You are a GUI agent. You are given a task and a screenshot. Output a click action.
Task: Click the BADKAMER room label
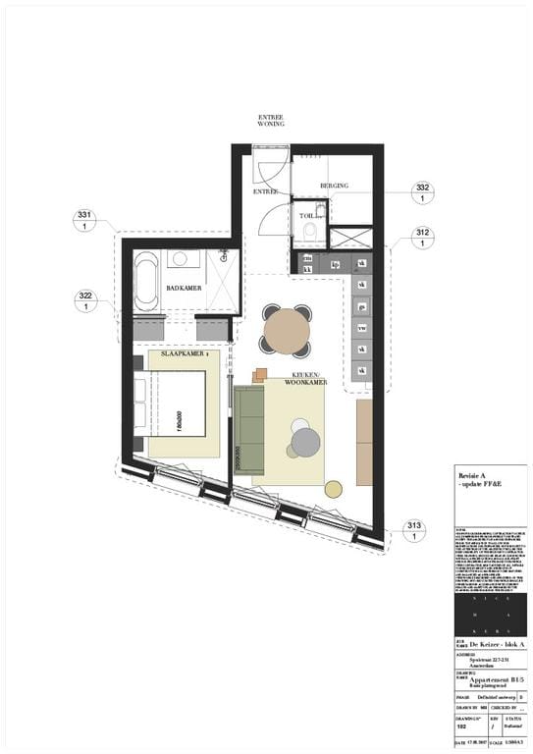click(184, 288)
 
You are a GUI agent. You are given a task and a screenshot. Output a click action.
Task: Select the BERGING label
click(334, 185)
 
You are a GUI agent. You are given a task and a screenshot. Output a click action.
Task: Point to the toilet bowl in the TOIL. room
click(309, 232)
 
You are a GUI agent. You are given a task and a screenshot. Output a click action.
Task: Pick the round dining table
click(286, 330)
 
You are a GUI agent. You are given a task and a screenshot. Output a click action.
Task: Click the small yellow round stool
click(334, 488)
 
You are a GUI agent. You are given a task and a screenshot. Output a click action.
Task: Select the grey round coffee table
click(305, 442)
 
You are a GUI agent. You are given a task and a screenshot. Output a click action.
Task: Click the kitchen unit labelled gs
click(361, 305)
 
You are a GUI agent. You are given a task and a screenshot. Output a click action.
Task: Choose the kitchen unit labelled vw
click(361, 327)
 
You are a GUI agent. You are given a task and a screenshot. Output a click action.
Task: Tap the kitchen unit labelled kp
click(335, 264)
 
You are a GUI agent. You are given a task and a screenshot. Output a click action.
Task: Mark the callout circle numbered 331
click(84, 221)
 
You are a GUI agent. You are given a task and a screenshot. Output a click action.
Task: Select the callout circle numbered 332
click(423, 192)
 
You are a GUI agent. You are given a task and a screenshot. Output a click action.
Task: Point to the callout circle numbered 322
click(84, 301)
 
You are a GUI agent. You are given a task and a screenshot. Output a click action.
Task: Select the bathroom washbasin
click(185, 259)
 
